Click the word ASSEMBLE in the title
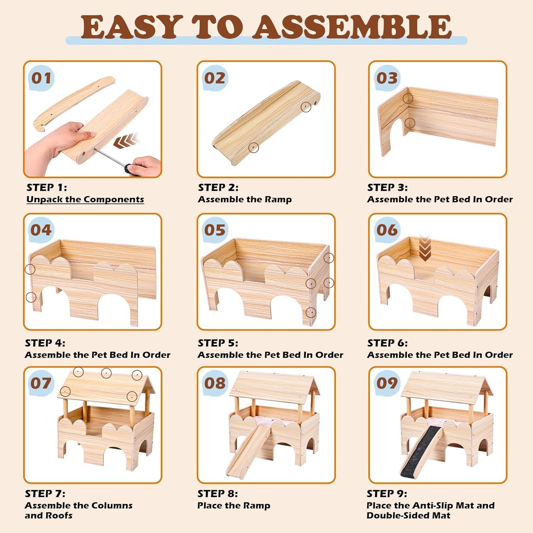[x=352, y=27]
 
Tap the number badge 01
[x=41, y=78]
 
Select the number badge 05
[x=215, y=230]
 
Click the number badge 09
[x=387, y=383]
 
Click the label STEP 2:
[x=218, y=187]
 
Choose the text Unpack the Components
[x=85, y=199]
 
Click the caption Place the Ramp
[x=234, y=506]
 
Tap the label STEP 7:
[x=45, y=494]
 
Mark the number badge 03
[x=387, y=78]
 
